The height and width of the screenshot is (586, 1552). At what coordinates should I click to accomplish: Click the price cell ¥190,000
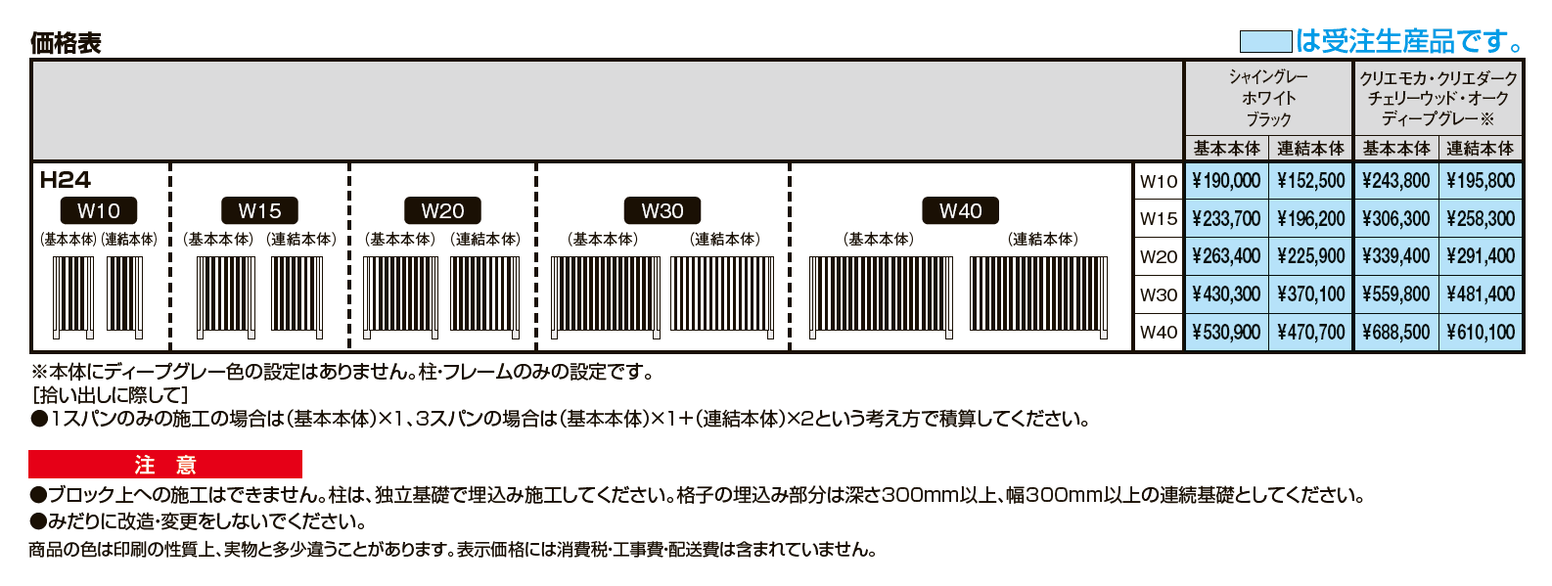coord(1226,181)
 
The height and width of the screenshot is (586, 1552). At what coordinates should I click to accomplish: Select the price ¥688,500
coord(1395,333)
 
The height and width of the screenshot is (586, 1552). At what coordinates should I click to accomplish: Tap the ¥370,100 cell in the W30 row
coord(1311,294)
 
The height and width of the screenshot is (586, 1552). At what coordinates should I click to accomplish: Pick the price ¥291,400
coord(1481,256)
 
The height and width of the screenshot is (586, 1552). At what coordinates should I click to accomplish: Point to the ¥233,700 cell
coord(1226,219)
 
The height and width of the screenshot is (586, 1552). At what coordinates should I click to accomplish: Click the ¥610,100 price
coord(1481,333)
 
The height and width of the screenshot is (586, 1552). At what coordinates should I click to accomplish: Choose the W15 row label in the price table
coord(1159,219)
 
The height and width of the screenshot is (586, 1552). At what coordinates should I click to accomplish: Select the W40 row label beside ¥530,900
coord(1159,333)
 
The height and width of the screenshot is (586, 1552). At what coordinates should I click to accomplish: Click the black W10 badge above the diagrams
coord(99,211)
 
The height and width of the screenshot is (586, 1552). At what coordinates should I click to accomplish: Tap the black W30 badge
coord(662,211)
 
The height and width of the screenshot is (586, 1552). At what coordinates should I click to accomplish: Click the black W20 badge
coord(442,211)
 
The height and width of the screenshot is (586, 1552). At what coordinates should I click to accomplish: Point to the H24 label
coord(65,180)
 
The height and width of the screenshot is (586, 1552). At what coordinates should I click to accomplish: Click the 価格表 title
coord(66,43)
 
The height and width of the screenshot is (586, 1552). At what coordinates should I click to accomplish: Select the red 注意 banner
coord(165,465)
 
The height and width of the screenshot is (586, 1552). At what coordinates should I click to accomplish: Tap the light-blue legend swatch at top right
coord(1265,42)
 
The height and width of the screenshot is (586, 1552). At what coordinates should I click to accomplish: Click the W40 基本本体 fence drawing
coord(881,294)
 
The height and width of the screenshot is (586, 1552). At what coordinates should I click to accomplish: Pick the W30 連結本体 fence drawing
coord(723,294)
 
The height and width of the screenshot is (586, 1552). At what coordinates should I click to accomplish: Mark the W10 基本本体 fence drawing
coord(73,294)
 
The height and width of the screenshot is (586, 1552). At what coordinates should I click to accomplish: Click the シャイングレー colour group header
coord(1268,97)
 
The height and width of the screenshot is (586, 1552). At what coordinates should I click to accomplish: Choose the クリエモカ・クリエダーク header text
coord(1438,78)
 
